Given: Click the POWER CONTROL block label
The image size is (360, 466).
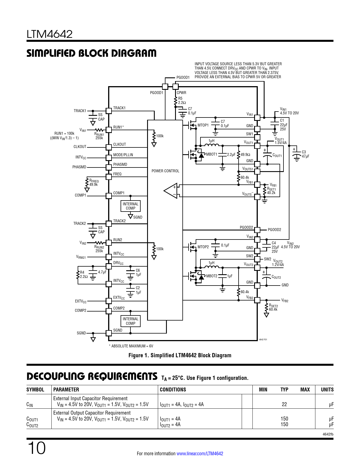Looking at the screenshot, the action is (165, 171).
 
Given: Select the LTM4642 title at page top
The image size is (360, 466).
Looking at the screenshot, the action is (49, 34).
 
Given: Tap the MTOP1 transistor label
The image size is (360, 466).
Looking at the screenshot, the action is (203, 125).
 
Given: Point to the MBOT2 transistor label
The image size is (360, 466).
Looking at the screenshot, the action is (212, 276).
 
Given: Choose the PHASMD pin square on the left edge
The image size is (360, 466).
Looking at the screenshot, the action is (109, 167).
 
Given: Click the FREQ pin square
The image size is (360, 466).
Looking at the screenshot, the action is (109, 177).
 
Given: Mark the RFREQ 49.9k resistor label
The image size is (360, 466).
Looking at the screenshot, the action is (94, 182).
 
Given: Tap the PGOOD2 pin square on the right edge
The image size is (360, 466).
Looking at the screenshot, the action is (257, 230).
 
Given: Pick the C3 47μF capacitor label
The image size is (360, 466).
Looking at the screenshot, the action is (305, 154).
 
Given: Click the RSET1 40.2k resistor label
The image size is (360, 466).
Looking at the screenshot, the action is (271, 191).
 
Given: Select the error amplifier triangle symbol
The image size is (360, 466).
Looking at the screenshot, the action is (171, 191).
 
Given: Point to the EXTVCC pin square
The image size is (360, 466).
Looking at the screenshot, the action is (109, 301).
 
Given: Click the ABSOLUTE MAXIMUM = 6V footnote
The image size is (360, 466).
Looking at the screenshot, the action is (131, 346).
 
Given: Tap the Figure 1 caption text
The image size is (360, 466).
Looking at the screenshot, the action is (180, 355).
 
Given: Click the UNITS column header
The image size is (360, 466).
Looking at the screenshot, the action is (327, 389).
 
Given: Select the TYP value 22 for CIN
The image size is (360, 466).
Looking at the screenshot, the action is (284, 404).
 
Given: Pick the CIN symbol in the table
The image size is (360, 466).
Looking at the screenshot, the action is (30, 405).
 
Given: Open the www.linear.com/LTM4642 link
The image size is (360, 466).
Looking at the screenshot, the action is (200, 454).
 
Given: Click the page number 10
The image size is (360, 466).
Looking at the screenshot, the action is (37, 448).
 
